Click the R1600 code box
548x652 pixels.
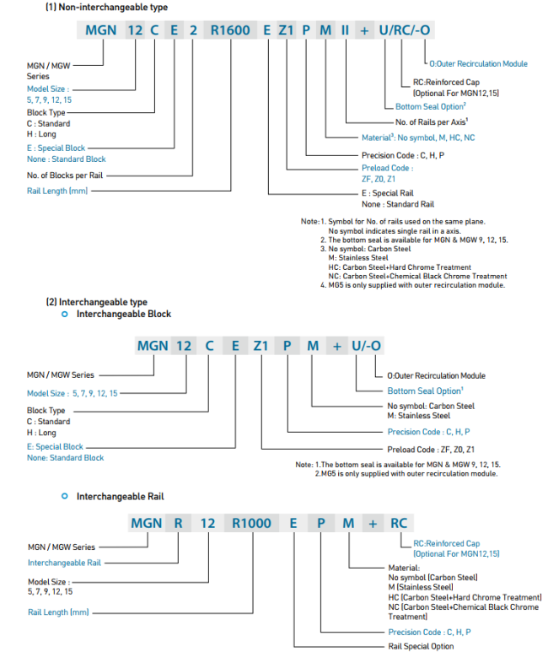coord(230,30)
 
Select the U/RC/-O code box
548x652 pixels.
coord(407,30)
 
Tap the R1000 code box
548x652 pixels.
coord(252,523)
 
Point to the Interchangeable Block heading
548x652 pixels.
coord(124,314)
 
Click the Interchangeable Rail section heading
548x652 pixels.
coord(120,496)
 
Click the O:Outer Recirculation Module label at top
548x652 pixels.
coord(479,64)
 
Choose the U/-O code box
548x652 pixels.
coord(367,345)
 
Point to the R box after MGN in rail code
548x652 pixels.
coord(178,523)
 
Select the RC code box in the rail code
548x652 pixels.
coord(399,523)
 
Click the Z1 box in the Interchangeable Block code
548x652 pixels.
coord(261,345)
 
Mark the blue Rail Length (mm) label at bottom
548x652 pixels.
coord(58,612)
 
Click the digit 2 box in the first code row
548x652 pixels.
coord(193,30)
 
